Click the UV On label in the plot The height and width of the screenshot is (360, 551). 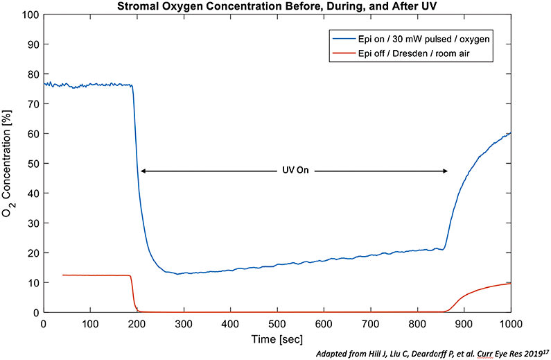coord(294,171)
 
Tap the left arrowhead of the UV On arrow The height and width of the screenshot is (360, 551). coord(143,171)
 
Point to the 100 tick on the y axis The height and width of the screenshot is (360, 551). coord(30,14)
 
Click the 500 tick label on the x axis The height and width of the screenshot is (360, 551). coord(277,324)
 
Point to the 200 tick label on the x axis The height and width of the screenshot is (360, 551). coord(137,324)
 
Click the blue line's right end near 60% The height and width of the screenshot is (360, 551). coord(510,133)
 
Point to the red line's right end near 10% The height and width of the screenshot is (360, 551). coord(510,283)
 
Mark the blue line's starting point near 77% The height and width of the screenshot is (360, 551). coord(44,83)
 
